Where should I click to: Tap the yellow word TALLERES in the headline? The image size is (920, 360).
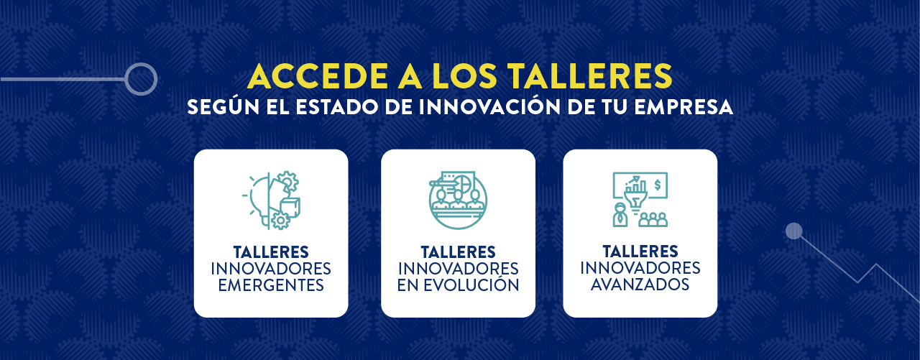589,76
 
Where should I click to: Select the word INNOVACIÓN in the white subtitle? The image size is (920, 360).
490,107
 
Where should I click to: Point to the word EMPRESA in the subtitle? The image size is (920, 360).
684,107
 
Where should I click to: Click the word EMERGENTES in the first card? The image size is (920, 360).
271,285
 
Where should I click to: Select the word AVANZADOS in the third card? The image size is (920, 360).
640,284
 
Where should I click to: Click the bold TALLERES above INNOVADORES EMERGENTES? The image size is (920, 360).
271,251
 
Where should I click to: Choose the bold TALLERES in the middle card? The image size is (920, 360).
458,251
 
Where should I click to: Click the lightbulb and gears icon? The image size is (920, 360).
271,200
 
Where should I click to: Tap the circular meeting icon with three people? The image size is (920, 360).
458,200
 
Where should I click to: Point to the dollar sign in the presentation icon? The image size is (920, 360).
658,185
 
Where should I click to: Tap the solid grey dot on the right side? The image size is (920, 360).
794,231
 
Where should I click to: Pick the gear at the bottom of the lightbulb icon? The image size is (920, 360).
280,221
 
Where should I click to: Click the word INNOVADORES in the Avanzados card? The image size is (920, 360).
640,267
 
